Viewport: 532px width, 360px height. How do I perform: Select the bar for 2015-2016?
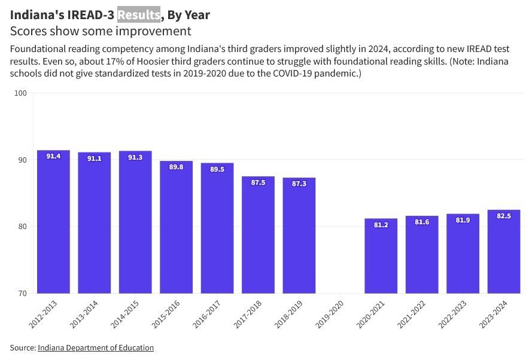pyautogui.click(x=176, y=227)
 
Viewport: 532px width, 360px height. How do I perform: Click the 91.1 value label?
pyautogui.click(x=94, y=158)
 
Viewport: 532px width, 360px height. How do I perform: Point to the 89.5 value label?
pyautogui.click(x=217, y=169)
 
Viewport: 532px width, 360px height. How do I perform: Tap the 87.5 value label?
pyautogui.click(x=258, y=182)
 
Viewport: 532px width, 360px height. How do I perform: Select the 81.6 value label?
pyautogui.click(x=422, y=222)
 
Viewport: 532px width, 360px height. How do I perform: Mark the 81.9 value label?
pyautogui.click(x=463, y=220)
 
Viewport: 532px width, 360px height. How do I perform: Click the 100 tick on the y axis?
pyautogui.click(x=21, y=93)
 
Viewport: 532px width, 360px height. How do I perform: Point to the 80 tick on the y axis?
pyautogui.click(x=22, y=227)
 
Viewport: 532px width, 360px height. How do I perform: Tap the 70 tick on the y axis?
pyautogui.click(x=22, y=293)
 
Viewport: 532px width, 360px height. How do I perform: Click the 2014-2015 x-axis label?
pyautogui.click(x=125, y=313)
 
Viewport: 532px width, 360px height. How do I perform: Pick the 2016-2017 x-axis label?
pyautogui.click(x=207, y=313)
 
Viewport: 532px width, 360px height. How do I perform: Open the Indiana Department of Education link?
pyautogui.click(x=96, y=347)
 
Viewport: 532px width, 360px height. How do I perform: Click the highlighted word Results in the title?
pyautogui.click(x=139, y=14)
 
